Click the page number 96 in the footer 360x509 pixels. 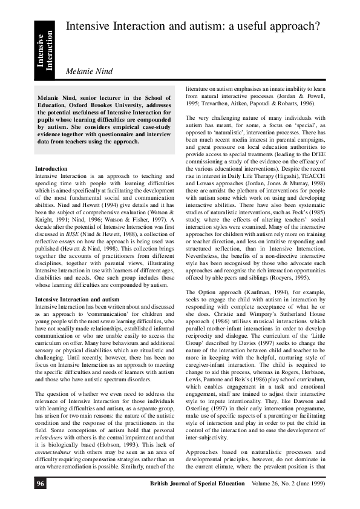point(40,484)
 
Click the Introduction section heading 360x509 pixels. point(51,168)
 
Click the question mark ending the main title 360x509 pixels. point(333,26)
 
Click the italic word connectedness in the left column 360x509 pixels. point(53,420)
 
